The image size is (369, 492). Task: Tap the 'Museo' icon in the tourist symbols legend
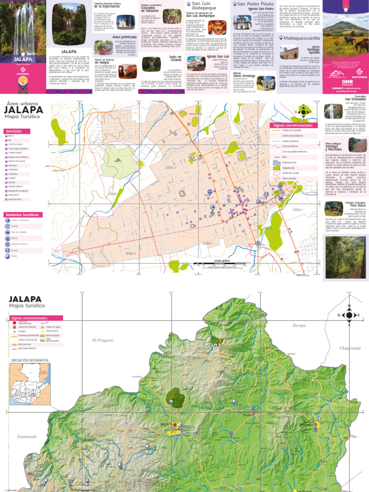pos(7,250)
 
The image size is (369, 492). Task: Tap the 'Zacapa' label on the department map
pos(299,325)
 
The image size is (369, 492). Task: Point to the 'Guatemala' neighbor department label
pos(26,436)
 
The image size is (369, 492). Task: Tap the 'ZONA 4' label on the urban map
pos(131,253)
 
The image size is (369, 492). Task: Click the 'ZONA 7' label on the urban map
pos(298,210)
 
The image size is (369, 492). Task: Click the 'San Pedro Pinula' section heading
pos(256,4)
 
